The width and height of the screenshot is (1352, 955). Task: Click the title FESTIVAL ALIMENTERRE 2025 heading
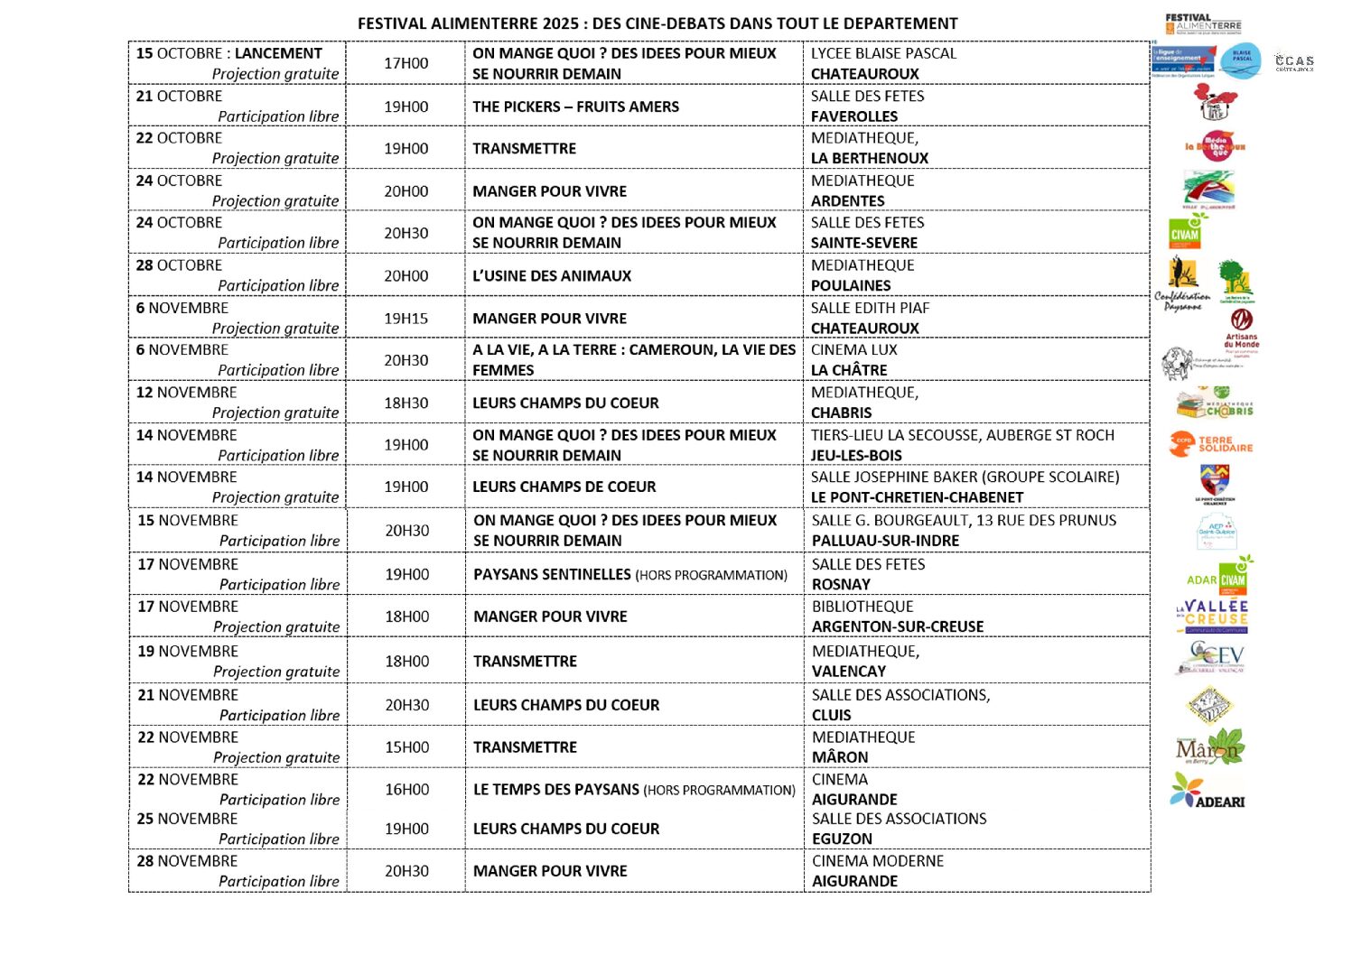point(657,23)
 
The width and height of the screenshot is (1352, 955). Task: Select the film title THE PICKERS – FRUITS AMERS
point(575,107)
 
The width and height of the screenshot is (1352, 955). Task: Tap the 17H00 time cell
point(406,63)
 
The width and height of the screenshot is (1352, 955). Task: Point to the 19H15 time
point(406,319)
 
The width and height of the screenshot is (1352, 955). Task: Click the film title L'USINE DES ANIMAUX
point(552,276)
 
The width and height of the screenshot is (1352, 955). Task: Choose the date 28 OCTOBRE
point(179,265)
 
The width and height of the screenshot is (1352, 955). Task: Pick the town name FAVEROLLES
point(853,116)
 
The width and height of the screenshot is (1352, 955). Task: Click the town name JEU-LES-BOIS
point(855,456)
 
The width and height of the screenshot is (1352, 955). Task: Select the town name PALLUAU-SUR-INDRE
point(885,541)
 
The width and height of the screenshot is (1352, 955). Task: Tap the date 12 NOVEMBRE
point(186,393)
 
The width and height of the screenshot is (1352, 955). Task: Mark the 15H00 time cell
point(406,747)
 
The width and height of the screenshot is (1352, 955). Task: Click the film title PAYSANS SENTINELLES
point(552,575)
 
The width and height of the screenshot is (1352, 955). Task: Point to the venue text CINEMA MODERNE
point(877,861)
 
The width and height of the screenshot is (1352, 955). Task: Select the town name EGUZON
point(842,839)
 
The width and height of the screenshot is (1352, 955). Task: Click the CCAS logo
point(1293,62)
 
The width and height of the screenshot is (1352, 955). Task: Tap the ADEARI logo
point(1207,792)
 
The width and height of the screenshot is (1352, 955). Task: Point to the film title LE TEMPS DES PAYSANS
point(556,790)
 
